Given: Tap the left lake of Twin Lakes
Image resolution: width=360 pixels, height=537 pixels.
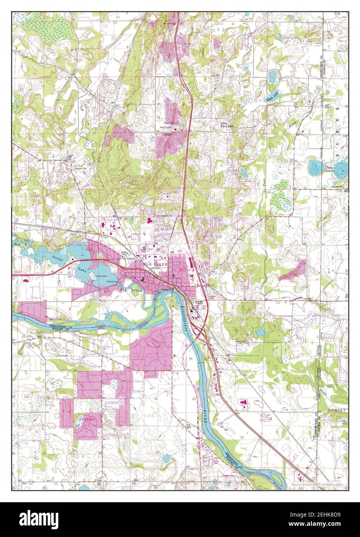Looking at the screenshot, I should tap(316, 168).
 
